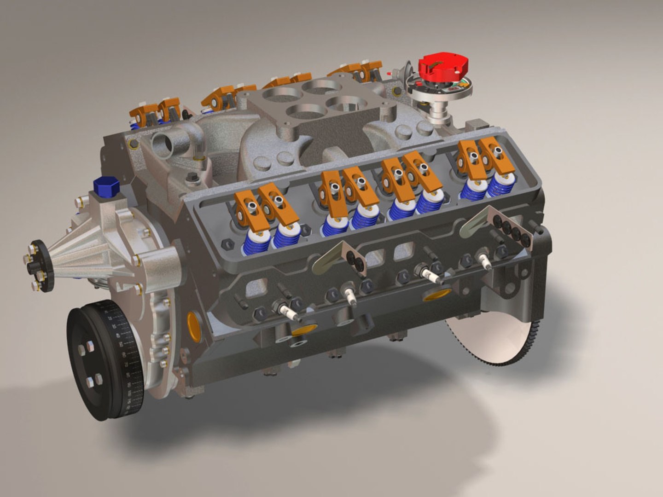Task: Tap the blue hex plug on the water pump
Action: pos(106,186)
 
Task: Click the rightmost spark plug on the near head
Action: pos(485,260)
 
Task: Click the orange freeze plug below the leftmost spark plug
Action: pos(304,329)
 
